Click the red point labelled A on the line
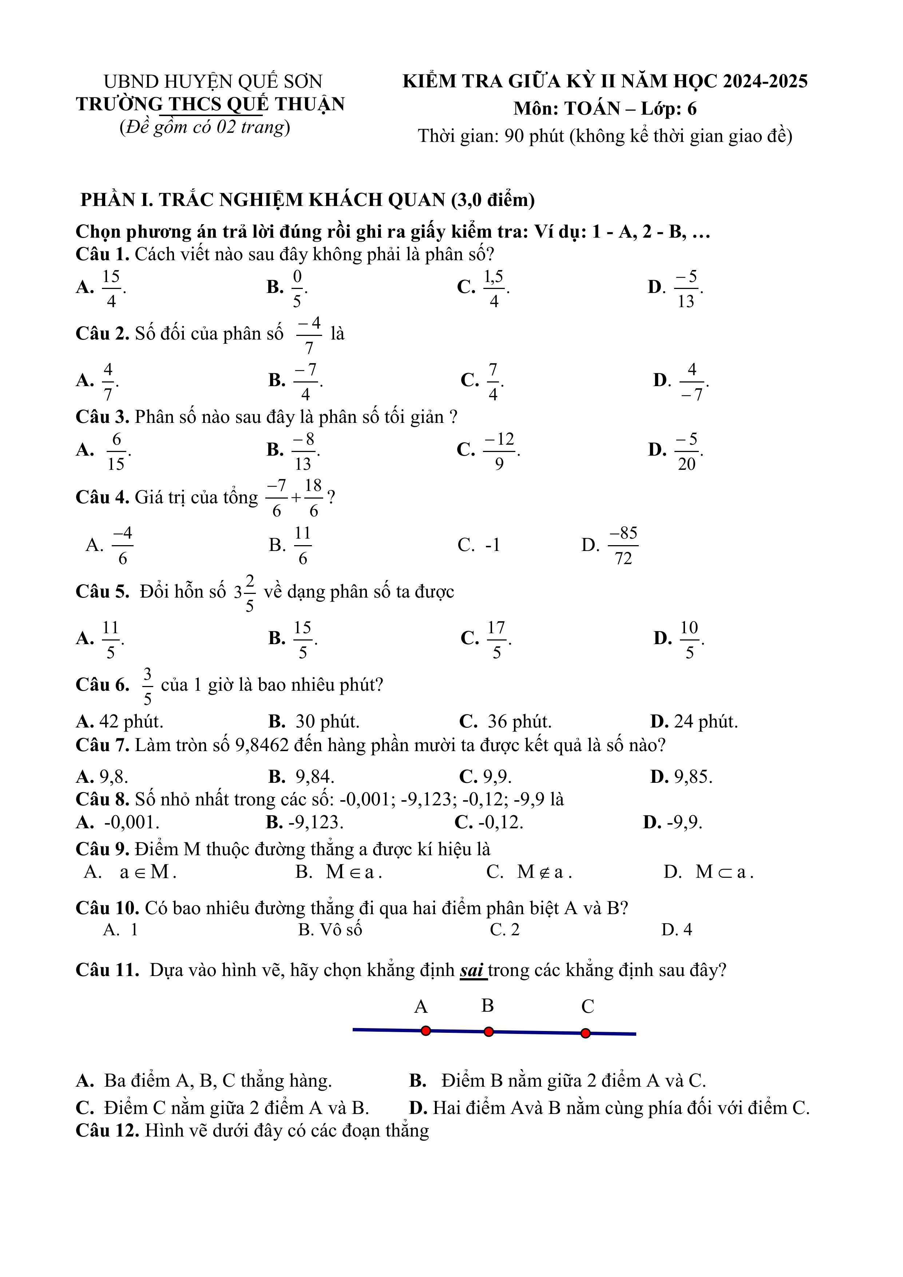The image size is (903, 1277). pyautogui.click(x=425, y=1031)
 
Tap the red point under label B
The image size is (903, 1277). pyautogui.click(x=488, y=1032)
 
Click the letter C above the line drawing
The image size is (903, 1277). pyautogui.click(x=587, y=1006)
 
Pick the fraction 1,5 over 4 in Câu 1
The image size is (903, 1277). pyautogui.click(x=494, y=288)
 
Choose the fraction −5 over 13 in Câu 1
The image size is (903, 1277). pyautogui.click(x=686, y=288)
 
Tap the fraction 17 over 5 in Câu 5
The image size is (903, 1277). pyautogui.click(x=496, y=639)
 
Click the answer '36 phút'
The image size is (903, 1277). pyautogui.click(x=519, y=721)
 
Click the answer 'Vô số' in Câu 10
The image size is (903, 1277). pyautogui.click(x=338, y=929)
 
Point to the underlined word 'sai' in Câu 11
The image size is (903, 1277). pyautogui.click(x=472, y=969)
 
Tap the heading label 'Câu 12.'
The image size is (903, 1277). pyautogui.click(x=107, y=1130)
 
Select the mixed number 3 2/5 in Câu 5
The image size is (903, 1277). pyautogui.click(x=245, y=592)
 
